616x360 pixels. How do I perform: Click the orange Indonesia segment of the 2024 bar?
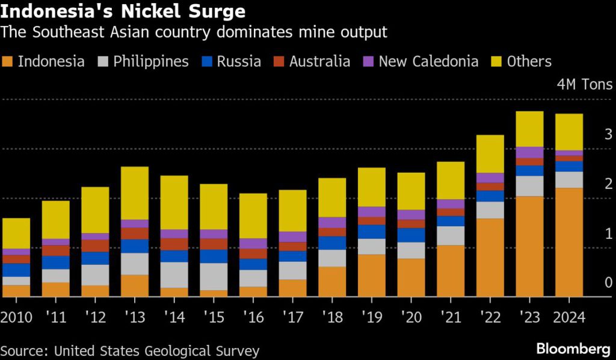tap(568, 242)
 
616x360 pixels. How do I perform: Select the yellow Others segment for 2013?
tap(135, 193)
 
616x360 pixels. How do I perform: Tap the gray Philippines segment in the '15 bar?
tap(214, 276)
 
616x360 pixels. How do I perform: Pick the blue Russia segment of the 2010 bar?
tap(16, 270)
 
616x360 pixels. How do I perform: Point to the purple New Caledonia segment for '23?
tap(529, 152)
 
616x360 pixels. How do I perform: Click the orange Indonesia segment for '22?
tap(489, 258)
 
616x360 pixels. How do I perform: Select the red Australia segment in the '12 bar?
tap(95, 246)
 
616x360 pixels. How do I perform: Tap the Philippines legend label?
tap(151, 61)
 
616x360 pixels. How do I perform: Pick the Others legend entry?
tap(529, 61)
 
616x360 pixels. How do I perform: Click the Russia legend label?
tap(239, 61)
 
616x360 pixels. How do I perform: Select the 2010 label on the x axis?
tap(17, 317)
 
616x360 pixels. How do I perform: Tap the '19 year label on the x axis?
tap(372, 317)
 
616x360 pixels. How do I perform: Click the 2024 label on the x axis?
tap(568, 317)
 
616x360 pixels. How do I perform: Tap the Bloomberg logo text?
tap(573, 349)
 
